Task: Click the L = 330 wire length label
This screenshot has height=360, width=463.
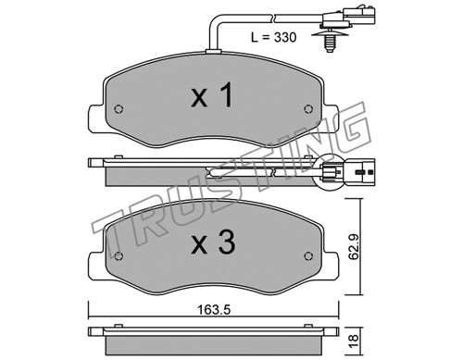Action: [x=273, y=37]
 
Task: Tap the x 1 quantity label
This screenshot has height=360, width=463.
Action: [x=212, y=96]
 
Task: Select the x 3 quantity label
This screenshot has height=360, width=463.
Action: [x=213, y=242]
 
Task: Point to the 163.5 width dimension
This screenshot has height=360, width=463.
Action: [x=214, y=310]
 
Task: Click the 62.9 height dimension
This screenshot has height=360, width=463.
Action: [x=354, y=247]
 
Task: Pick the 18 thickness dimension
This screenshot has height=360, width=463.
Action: [x=354, y=339]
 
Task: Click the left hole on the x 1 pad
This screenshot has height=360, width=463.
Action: [x=119, y=109]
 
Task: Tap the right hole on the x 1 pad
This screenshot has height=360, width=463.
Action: [x=308, y=108]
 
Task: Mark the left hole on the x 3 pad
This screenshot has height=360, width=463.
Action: [x=119, y=256]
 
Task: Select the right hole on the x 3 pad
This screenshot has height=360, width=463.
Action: [x=308, y=255]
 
